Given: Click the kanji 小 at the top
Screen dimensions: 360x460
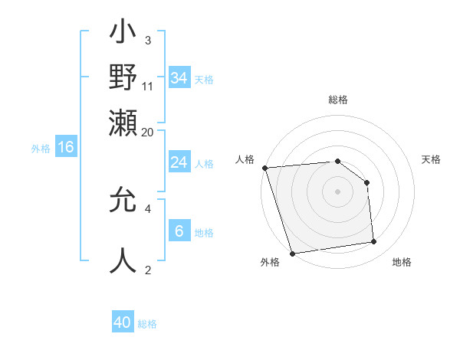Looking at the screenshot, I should [x=123, y=34].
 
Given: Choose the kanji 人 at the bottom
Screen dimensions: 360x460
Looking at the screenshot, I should [x=123, y=261].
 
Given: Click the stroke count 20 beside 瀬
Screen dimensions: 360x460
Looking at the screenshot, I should [x=148, y=132].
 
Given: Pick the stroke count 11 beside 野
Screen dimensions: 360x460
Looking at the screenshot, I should [x=148, y=85].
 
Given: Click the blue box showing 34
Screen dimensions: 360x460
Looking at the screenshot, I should [x=179, y=77].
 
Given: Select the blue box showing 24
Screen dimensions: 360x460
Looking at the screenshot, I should [x=179, y=162].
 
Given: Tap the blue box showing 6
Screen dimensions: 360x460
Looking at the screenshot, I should [x=179, y=231].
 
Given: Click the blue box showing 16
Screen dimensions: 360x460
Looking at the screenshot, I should [x=66, y=148].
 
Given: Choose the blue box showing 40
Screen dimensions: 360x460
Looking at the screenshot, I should [x=123, y=322].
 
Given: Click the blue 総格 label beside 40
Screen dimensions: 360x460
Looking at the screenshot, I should [x=147, y=324].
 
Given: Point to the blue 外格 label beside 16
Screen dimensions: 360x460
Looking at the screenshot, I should [x=41, y=149].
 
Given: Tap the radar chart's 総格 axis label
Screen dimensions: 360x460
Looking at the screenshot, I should [x=338, y=100].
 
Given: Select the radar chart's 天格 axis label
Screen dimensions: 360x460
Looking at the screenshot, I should [x=432, y=159].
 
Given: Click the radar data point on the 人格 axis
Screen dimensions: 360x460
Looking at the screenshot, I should [x=264, y=168].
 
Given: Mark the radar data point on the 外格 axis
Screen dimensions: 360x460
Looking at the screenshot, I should [x=292, y=253].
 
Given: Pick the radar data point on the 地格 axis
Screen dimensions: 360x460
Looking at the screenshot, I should [x=374, y=242].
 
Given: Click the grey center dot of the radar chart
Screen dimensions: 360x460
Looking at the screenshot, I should [x=338, y=191].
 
